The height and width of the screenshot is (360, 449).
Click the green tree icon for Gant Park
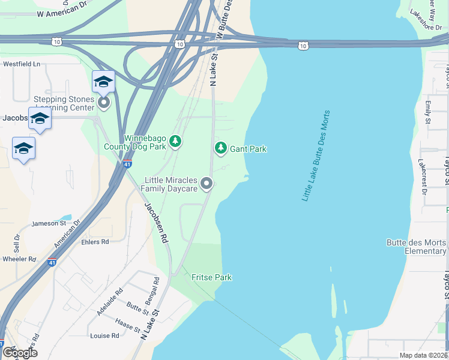[x=221, y=148]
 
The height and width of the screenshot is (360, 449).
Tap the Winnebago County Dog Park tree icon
[x=175, y=141]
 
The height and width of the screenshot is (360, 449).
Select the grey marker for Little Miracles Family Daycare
[x=206, y=184]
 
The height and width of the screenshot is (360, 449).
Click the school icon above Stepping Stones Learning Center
[x=103, y=82]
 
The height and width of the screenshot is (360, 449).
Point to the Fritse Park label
[x=211, y=277]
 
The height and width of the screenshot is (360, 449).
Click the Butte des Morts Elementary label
[x=417, y=247]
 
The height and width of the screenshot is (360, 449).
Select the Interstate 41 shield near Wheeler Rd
[x=52, y=262]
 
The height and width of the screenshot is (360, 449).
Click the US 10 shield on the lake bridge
[x=304, y=46]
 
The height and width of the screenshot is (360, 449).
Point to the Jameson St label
[x=49, y=223]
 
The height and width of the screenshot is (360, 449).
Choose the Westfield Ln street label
[x=21, y=63]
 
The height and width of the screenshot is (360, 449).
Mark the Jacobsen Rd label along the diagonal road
[x=155, y=222]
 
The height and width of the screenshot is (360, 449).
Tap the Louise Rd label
[x=104, y=336]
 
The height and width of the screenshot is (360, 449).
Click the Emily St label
[x=428, y=112]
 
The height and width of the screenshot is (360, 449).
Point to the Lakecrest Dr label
[x=423, y=178]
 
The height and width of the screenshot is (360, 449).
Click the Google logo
[x=19, y=352]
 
